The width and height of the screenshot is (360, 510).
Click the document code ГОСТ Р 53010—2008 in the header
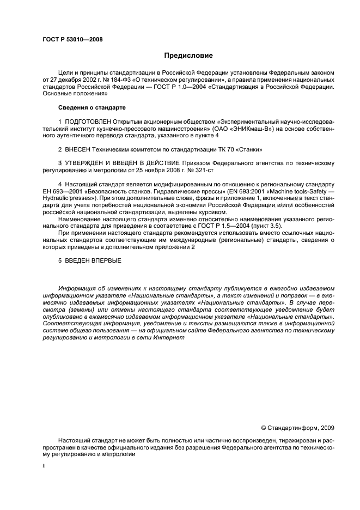(72, 39)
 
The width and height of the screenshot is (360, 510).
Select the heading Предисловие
(189, 56)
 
